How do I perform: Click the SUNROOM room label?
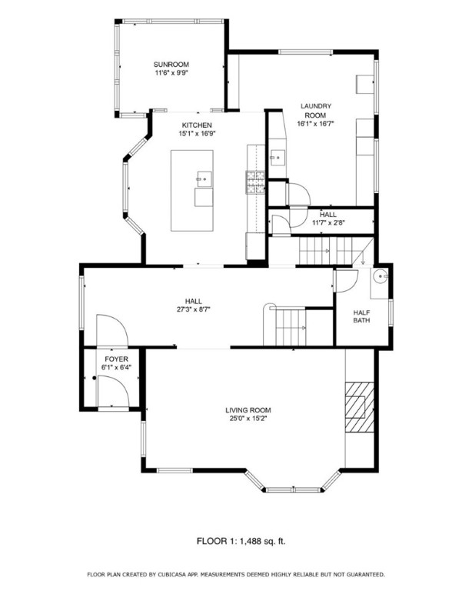171,65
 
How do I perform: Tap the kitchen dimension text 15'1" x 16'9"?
197,133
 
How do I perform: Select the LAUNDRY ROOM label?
315,110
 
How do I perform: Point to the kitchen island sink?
204,179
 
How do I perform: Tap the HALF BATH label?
362,316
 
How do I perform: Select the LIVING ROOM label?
248,410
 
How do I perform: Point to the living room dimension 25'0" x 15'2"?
248,419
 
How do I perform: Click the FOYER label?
116,359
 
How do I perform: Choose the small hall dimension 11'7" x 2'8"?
328,223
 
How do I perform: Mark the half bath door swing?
346,281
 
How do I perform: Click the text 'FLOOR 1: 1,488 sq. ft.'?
235,542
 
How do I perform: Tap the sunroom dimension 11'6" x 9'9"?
171,73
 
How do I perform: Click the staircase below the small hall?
327,250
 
